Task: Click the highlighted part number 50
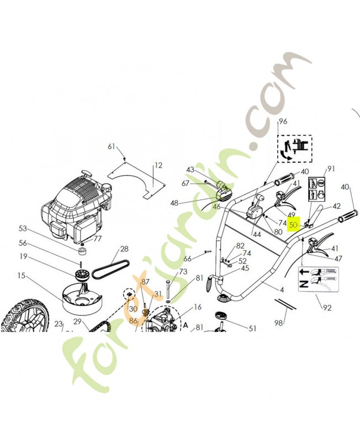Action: (293, 225)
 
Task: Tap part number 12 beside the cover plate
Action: (158, 165)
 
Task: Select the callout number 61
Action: (112, 146)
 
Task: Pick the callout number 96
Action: (283, 121)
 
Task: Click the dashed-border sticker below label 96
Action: (294, 149)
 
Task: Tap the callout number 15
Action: (22, 275)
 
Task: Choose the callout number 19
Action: (23, 256)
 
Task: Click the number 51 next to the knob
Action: (252, 328)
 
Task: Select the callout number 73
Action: (183, 272)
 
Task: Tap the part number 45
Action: (244, 268)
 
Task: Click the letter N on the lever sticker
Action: (303, 284)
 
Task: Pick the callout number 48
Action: (174, 203)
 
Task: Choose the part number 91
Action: (331, 169)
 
